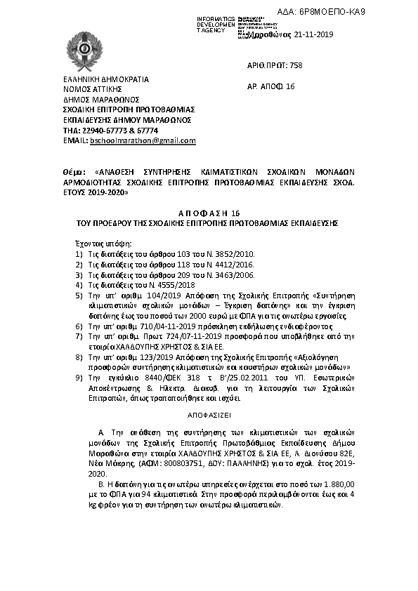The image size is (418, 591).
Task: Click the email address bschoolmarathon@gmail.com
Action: (x=143, y=140)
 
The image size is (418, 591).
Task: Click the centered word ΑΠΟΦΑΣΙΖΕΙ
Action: (x=207, y=416)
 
